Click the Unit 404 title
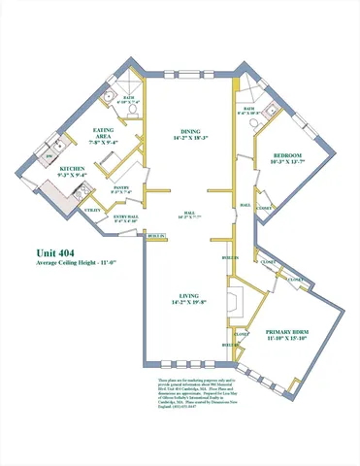point(57,253)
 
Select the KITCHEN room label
point(77,168)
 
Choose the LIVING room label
point(180,299)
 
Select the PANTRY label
point(122,187)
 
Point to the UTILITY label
point(94,210)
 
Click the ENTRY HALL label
point(124,217)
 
